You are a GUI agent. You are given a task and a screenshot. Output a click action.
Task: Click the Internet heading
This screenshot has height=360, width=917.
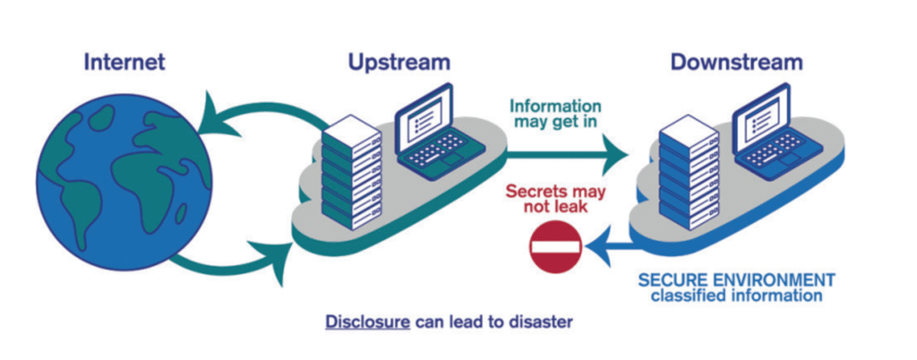(125, 63)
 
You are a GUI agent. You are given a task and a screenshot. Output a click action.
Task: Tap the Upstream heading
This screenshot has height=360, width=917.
(399, 63)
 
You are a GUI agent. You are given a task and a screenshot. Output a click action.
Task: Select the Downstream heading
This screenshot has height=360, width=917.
(736, 63)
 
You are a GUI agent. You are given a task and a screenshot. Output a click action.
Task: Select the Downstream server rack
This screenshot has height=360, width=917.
(689, 175)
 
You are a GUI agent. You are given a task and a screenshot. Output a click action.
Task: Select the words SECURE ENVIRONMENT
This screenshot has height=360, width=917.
(736, 279)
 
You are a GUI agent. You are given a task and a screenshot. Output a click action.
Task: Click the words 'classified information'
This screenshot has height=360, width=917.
(736, 295)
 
